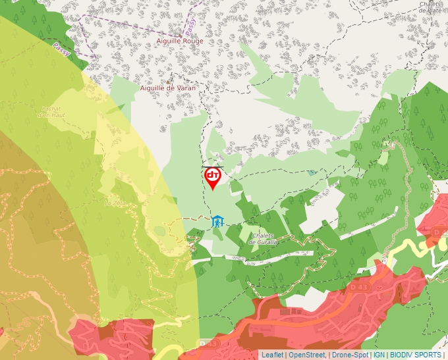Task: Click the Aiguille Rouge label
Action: click(180, 41)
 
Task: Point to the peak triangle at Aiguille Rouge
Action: click(181, 34)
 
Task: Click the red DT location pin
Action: click(213, 177)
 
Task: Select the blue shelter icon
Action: click(217, 221)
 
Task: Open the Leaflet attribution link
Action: click(272, 355)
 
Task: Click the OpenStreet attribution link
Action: click(307, 355)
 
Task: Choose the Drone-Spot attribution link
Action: click(350, 355)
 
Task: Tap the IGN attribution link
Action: click(379, 355)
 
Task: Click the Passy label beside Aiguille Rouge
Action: click(190, 26)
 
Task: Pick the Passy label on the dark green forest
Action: click(61, 49)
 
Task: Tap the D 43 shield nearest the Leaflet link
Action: click(210, 344)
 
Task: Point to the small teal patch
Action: click(312, 172)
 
